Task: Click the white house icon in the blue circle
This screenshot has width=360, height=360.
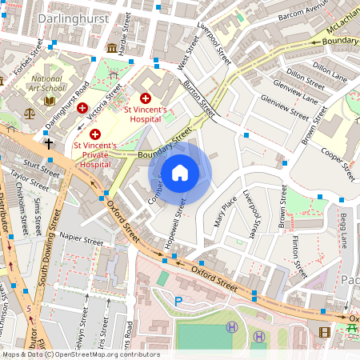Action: click(180, 173)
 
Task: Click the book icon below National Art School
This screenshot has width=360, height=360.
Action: click(50, 101)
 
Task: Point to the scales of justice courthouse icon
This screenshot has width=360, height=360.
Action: click(31, 114)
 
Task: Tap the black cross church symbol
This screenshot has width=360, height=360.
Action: click(49, 144)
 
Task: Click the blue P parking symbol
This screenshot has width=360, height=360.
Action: click(178, 302)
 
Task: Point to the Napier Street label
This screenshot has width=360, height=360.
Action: click(80, 239)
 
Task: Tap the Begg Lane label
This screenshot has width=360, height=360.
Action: click(346, 228)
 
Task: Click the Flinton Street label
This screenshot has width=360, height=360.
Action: click(295, 249)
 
